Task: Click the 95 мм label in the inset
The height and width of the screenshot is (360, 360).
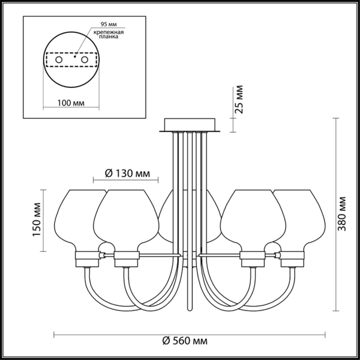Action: (x=109, y=24)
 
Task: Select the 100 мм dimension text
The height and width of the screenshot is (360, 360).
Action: (x=71, y=103)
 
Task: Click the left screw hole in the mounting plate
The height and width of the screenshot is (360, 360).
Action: (x=59, y=60)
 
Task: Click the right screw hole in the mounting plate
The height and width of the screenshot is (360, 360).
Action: (x=84, y=60)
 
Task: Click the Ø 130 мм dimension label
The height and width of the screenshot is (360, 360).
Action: (x=127, y=174)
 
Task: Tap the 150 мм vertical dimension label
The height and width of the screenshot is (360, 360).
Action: (x=37, y=219)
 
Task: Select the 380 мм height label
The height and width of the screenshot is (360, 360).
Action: (x=342, y=214)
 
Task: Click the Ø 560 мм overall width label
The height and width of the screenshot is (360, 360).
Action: (x=185, y=341)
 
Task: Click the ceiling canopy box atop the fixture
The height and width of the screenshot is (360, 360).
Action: (x=190, y=124)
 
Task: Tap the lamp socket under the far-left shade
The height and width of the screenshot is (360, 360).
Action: (x=87, y=259)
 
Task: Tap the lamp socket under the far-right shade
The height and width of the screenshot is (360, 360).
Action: (x=292, y=259)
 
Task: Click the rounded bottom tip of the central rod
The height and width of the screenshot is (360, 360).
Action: (x=190, y=309)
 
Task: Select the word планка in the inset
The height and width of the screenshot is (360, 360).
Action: (x=109, y=37)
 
